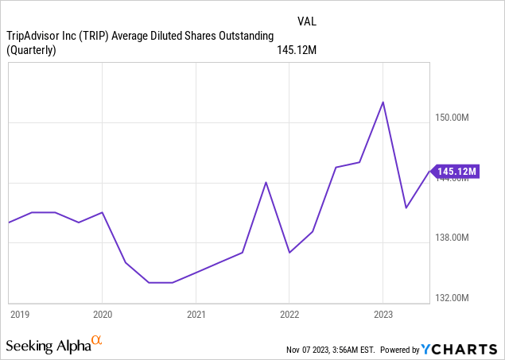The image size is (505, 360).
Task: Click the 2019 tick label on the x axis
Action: (x=20, y=314)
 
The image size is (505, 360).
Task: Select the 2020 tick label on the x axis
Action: (x=103, y=314)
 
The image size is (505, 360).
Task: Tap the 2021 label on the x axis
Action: (x=196, y=314)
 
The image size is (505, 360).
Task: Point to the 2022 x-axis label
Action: (x=289, y=314)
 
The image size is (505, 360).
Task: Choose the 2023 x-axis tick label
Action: (x=383, y=314)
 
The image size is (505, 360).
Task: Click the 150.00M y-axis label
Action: (x=456, y=118)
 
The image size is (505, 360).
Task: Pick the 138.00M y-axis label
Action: (x=456, y=238)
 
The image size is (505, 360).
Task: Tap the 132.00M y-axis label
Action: (x=456, y=297)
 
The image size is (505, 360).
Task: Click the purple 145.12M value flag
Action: (x=456, y=171)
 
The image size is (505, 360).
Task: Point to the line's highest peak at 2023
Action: (x=383, y=103)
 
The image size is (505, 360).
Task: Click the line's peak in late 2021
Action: (x=266, y=183)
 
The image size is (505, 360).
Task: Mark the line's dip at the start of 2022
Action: (x=289, y=253)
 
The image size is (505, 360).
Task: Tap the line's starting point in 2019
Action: (x=9, y=223)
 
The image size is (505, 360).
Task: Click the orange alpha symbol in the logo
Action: (x=96, y=341)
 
